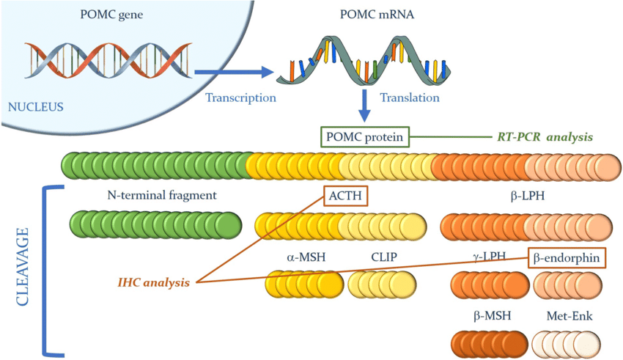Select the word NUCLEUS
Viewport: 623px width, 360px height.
(35, 107)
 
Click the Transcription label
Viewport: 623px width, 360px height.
(240, 98)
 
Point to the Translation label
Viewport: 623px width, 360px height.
(410, 98)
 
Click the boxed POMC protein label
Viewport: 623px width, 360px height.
(364, 136)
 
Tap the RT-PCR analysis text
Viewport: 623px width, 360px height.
(541, 136)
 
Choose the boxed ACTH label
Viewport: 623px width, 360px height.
(344, 196)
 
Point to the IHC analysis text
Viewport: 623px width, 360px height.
(153, 282)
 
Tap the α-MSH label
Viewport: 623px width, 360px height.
(307, 257)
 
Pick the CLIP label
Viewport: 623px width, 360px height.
(385, 257)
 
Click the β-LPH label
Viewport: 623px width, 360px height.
(527, 196)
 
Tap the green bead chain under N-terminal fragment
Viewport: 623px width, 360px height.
(155, 224)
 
